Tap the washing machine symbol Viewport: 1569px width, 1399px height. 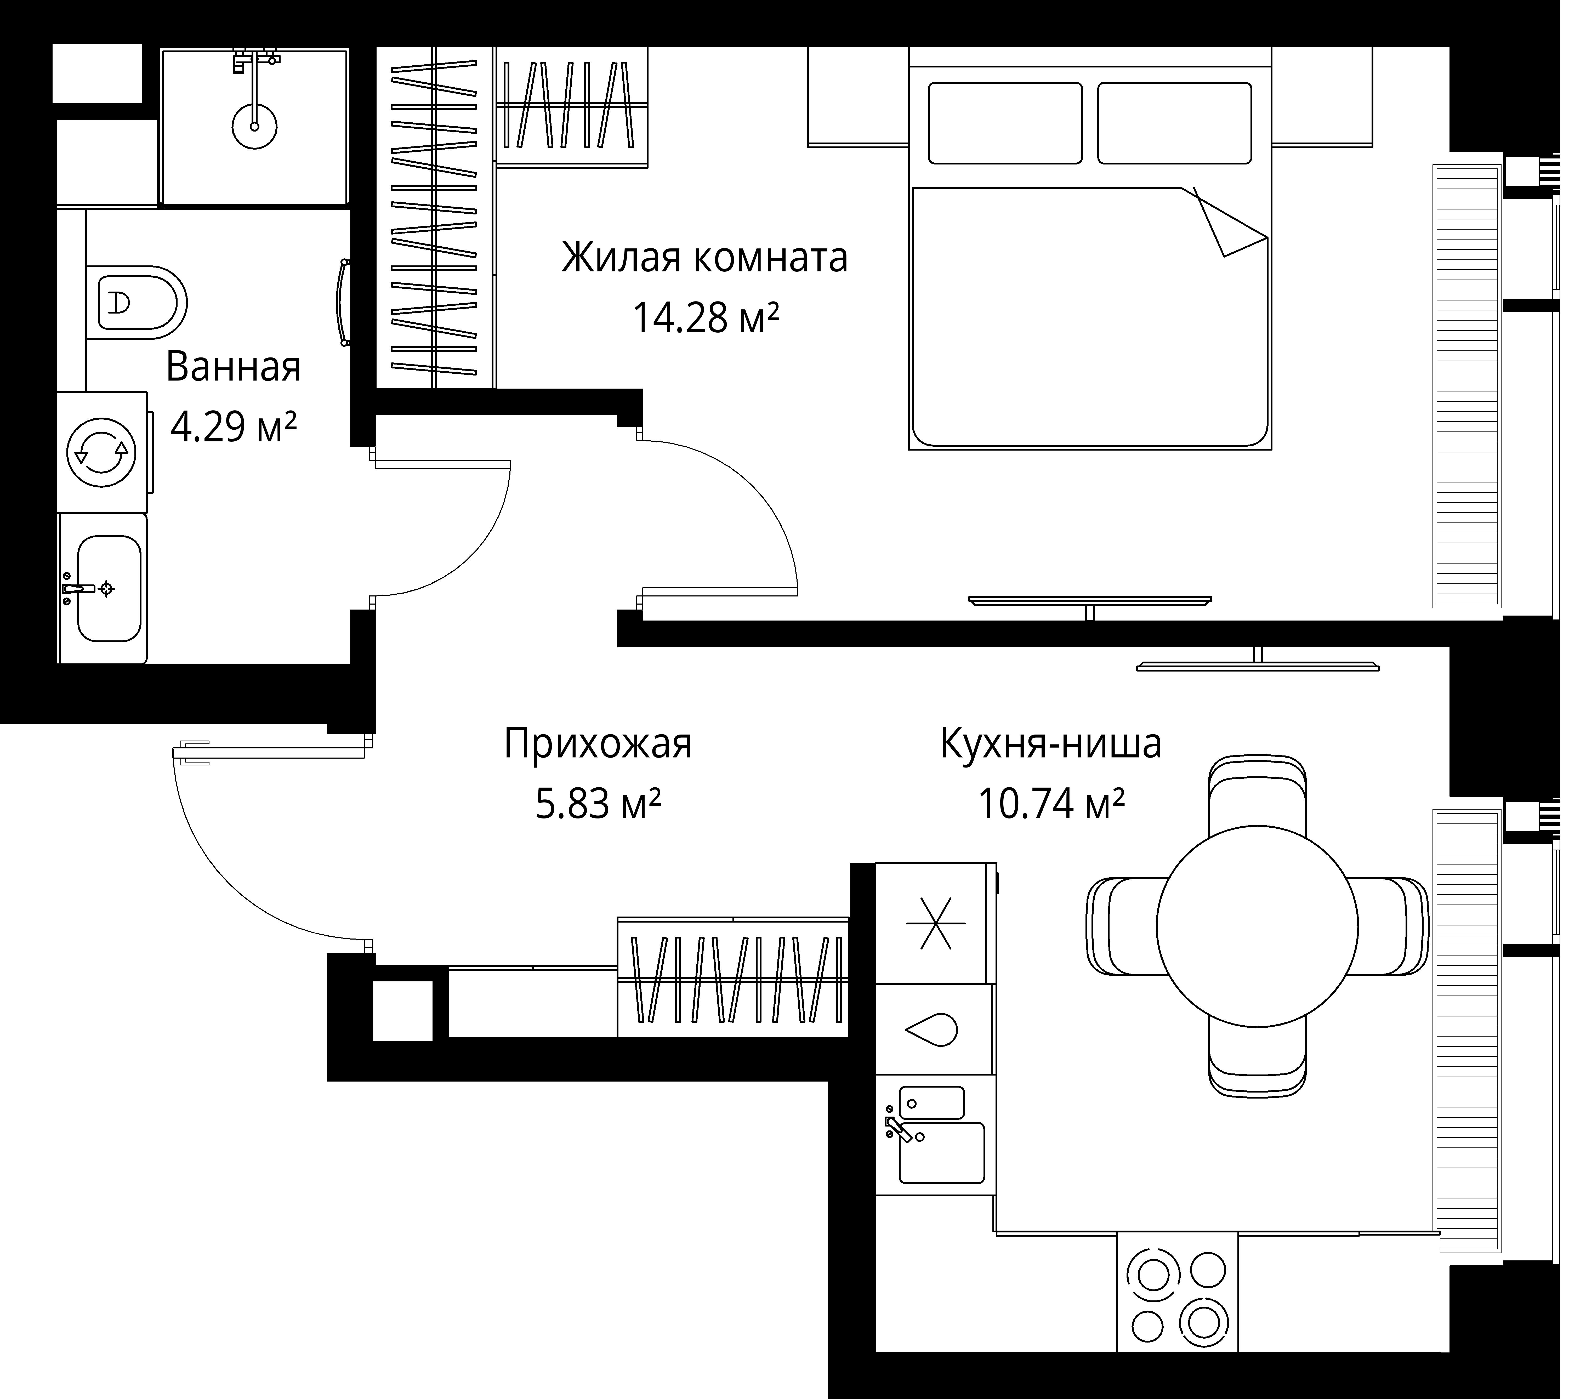click(x=101, y=453)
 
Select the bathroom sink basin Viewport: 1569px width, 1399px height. click(x=109, y=589)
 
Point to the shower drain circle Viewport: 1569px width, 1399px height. click(x=254, y=126)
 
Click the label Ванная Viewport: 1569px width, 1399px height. click(x=233, y=367)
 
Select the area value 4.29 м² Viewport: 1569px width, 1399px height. click(x=233, y=427)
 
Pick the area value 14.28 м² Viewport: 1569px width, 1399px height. click(x=705, y=318)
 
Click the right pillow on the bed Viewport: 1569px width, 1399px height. click(x=1174, y=123)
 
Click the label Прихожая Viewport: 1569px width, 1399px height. click(x=597, y=744)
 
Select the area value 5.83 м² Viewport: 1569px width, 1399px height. click(x=597, y=805)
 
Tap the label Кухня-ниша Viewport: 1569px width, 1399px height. click(x=1050, y=744)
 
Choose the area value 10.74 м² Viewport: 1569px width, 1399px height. click(x=1050, y=805)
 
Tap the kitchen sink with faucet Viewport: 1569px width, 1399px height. click(x=939, y=1143)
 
